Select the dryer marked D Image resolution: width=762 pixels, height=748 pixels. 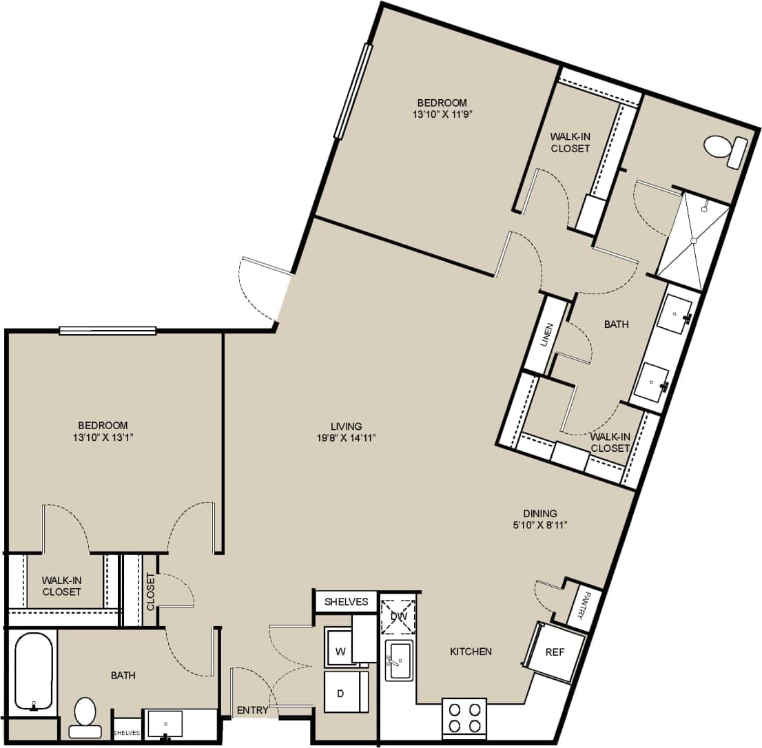[340, 692]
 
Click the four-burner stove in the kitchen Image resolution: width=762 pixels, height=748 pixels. [464, 718]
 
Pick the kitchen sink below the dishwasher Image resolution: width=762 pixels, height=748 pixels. [399, 660]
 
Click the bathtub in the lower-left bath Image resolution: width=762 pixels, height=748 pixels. [33, 671]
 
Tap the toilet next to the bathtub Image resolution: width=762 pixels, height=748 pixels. [85, 716]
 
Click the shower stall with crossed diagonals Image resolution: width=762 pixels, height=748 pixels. [692, 240]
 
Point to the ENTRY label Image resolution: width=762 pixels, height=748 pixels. [252, 710]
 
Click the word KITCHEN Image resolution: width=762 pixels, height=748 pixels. [471, 651]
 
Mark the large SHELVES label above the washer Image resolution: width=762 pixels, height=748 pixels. [347, 601]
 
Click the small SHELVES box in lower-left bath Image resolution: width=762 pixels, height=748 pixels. [127, 732]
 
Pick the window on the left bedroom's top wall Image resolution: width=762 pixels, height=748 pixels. [107, 331]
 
